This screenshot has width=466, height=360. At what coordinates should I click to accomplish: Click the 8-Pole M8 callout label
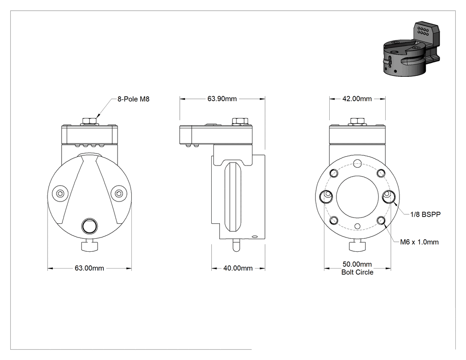pyautogui.click(x=134, y=99)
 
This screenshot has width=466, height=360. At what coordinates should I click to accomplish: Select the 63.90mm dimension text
pyautogui.click(x=222, y=99)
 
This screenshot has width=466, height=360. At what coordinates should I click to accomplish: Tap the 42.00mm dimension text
pyautogui.click(x=357, y=99)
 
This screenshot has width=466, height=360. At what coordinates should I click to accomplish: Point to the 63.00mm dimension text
pyautogui.click(x=89, y=268)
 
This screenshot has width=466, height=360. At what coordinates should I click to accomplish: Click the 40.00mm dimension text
pyautogui.click(x=238, y=268)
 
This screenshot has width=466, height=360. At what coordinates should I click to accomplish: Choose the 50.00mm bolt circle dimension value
pyautogui.click(x=357, y=264)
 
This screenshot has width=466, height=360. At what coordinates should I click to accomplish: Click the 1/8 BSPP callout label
pyautogui.click(x=425, y=214)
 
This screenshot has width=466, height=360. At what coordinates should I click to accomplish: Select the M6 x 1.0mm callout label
pyautogui.click(x=419, y=242)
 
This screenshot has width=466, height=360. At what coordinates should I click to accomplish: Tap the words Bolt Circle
pyautogui.click(x=357, y=272)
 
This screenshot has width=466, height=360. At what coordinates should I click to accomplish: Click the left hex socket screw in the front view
pyautogui.click(x=60, y=194)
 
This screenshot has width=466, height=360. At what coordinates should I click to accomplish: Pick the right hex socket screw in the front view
pyautogui.click(x=119, y=194)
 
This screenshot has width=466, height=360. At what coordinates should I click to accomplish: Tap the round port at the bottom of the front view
pyautogui.click(x=90, y=226)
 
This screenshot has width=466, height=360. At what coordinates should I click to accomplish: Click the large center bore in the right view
pyautogui.click(x=358, y=197)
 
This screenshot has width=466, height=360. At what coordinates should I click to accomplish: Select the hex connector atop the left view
pyautogui.click(x=90, y=121)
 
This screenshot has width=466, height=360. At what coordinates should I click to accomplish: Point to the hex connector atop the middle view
pyautogui.click(x=240, y=121)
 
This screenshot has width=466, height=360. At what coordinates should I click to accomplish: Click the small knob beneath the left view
pyautogui.click(x=90, y=246)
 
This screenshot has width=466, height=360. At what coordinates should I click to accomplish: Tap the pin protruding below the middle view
pyautogui.click(x=236, y=245)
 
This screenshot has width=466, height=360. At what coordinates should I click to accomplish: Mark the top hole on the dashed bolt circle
pyautogui.click(x=358, y=162)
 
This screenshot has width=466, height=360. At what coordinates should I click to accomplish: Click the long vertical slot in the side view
pyautogui.click(x=233, y=197)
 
